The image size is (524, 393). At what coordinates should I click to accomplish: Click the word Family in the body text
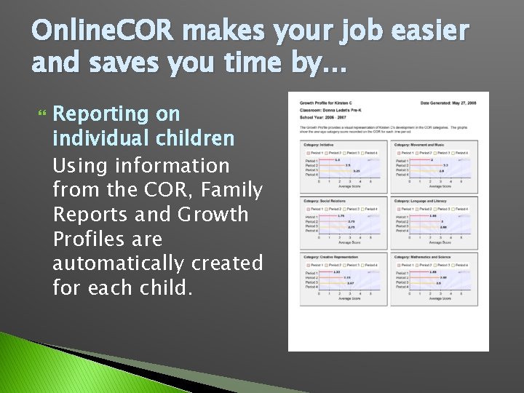point(231,190)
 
